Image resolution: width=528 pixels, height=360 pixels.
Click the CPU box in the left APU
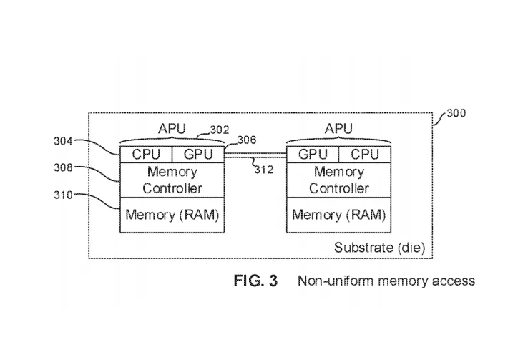[146, 154]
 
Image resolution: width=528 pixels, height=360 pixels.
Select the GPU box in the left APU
[198, 154]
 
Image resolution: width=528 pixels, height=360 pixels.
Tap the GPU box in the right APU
[313, 154]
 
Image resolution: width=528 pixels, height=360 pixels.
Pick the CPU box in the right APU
[365, 154]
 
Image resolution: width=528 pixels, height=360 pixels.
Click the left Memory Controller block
[172, 180]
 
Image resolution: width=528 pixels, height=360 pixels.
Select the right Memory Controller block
[339, 180]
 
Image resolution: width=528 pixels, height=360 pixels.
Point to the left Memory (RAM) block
[172, 215]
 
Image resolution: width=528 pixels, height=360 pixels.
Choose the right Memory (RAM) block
[339, 215]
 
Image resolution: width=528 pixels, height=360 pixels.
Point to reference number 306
[246, 141]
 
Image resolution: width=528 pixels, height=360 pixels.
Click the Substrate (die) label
[380, 248]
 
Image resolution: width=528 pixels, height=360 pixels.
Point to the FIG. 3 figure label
[255, 281]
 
